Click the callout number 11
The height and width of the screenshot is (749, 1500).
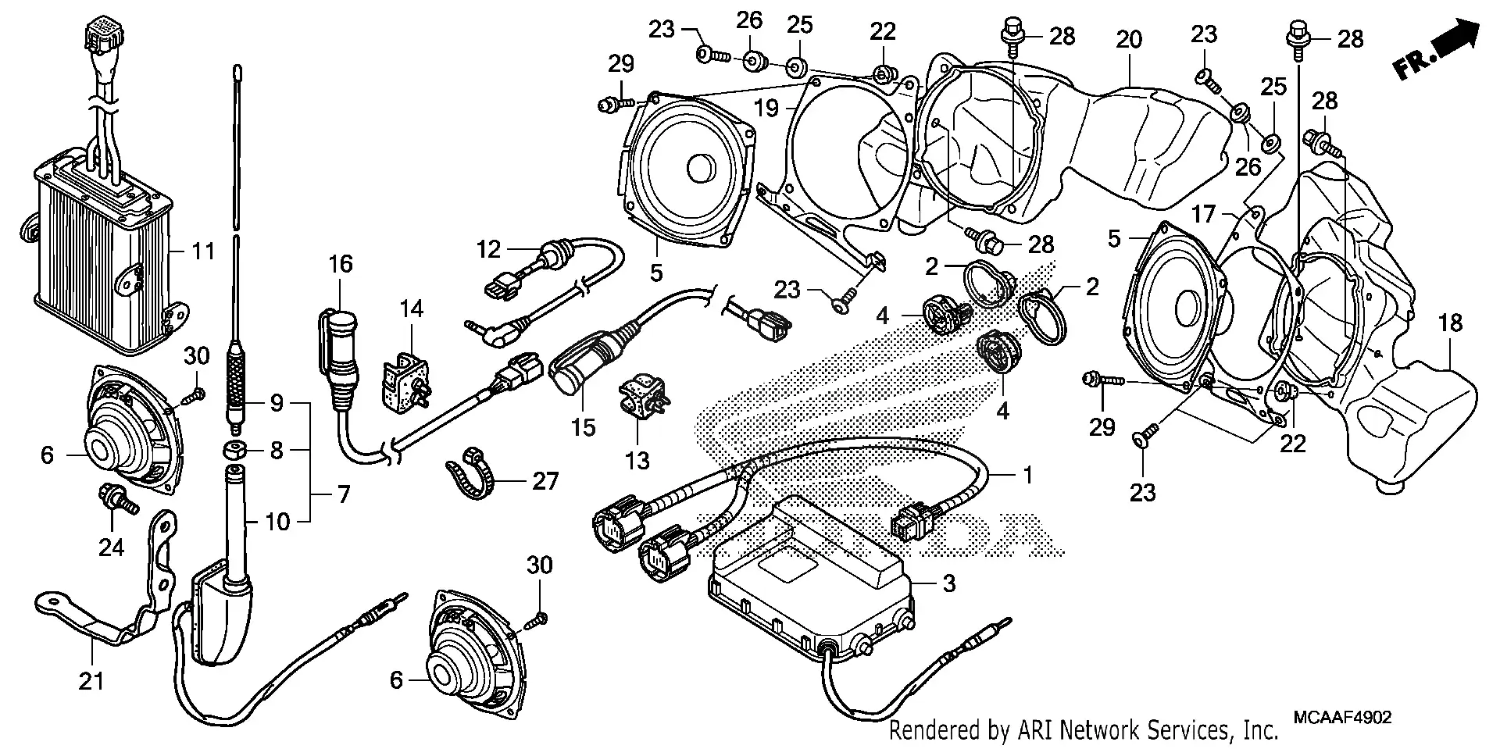[203, 251]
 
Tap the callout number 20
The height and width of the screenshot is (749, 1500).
[1128, 39]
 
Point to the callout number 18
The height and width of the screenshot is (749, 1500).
[1450, 323]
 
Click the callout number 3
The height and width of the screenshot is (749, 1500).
[948, 583]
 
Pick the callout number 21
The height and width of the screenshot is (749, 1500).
[91, 682]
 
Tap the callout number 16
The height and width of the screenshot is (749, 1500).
[341, 264]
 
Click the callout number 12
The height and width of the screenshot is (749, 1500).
[489, 249]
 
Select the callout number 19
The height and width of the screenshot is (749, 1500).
[767, 108]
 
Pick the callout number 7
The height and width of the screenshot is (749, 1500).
[342, 494]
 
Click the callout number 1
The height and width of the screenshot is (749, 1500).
[1028, 474]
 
